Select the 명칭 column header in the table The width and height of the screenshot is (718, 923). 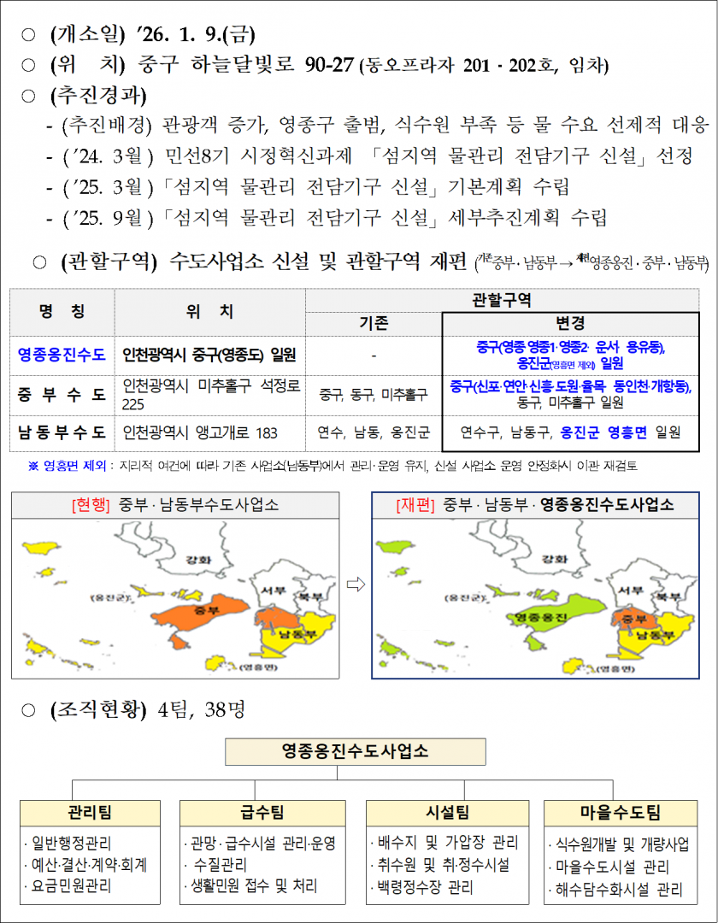(x=62, y=312)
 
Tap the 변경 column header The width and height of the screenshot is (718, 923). (x=570, y=324)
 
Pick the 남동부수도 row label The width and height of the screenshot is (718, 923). (x=62, y=432)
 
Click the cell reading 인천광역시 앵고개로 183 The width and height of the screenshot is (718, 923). (x=200, y=432)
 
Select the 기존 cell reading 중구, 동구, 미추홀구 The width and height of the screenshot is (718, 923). (x=373, y=394)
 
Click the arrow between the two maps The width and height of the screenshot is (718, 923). (x=359, y=585)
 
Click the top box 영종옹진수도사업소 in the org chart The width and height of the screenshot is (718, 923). (x=356, y=751)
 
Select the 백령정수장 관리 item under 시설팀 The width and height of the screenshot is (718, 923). (x=424, y=886)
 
